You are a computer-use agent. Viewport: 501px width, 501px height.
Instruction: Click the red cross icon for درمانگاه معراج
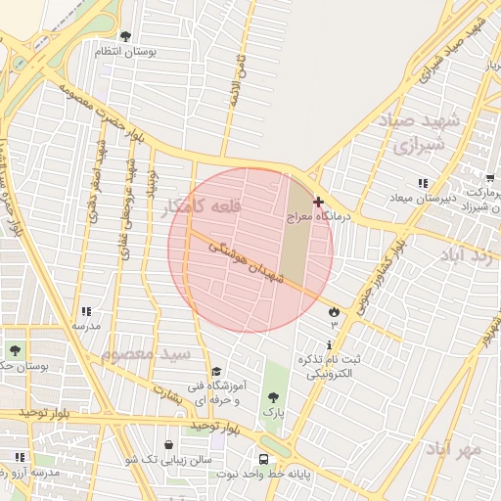tap(318, 201)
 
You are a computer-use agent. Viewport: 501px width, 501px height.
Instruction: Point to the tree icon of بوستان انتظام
tap(125, 36)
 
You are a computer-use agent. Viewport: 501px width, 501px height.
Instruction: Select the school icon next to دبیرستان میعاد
tap(423, 183)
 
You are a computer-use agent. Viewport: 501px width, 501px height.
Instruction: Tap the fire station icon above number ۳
tap(334, 310)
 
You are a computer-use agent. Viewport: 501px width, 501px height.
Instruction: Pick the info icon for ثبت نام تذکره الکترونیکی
tap(330, 344)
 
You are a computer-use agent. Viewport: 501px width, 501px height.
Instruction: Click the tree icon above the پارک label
tap(273, 397)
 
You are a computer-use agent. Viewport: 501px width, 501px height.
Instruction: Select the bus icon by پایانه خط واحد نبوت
tap(263, 458)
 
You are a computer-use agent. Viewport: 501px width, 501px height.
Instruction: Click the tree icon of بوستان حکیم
tap(15, 349)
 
